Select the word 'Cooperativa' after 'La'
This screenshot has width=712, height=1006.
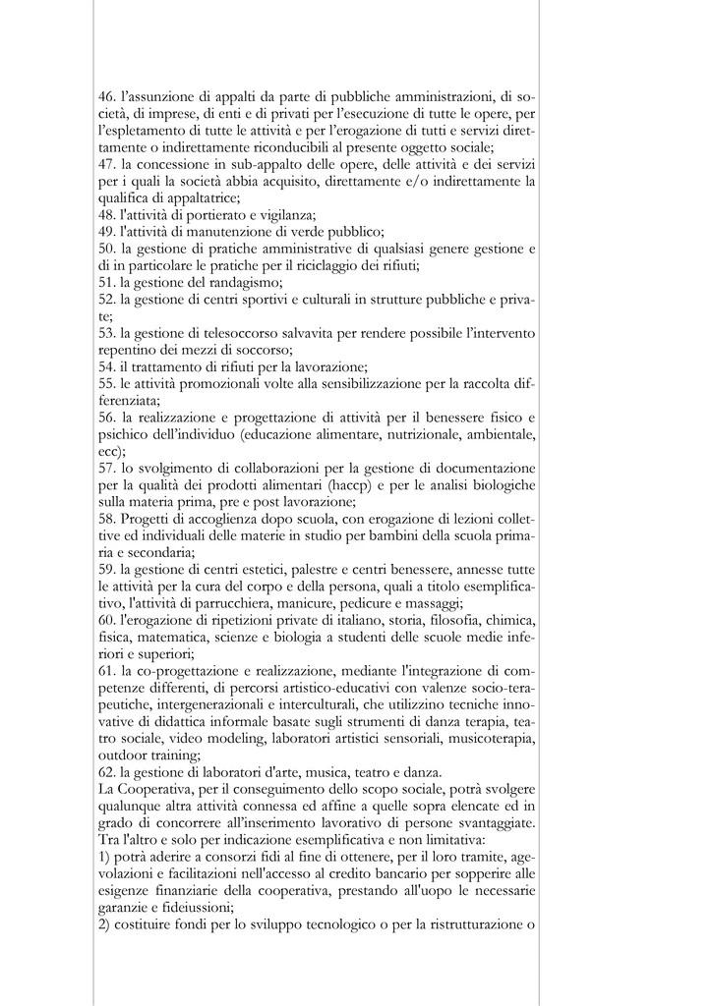(156, 788)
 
